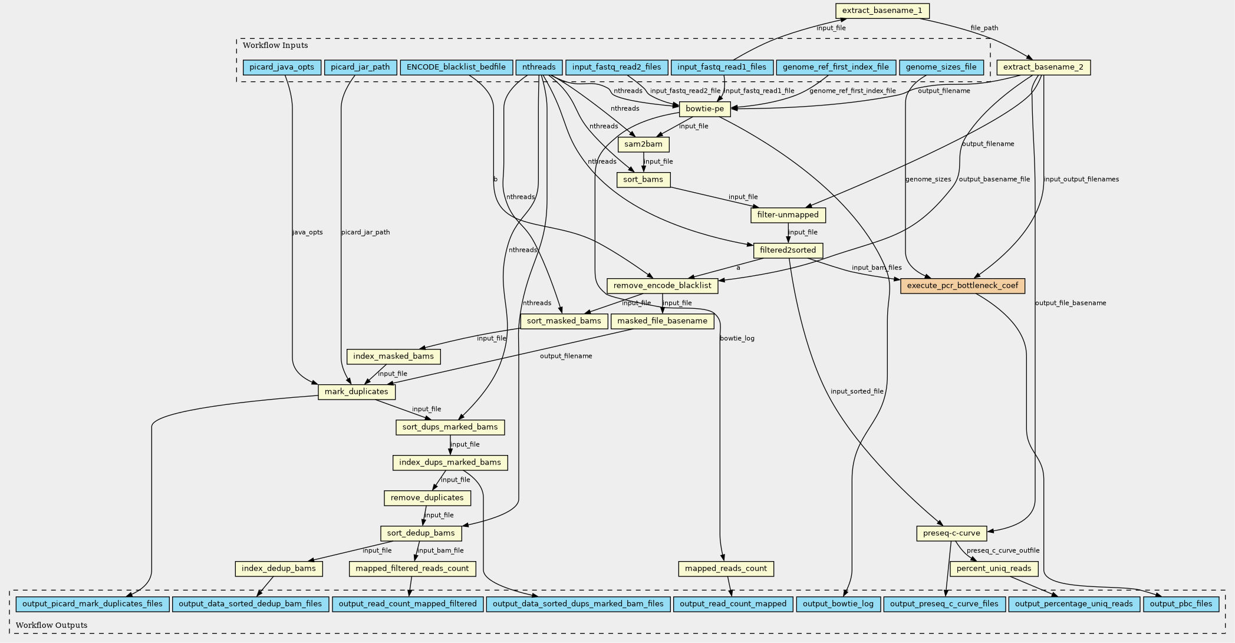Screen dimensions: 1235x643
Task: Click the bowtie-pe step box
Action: (x=705, y=109)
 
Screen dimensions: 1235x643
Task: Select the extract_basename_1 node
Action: (x=882, y=11)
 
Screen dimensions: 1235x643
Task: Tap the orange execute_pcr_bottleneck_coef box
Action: (x=962, y=286)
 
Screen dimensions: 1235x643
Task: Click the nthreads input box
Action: (x=539, y=67)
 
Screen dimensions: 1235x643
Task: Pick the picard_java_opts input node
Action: (x=282, y=67)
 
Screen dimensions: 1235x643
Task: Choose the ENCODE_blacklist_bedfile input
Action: (x=456, y=67)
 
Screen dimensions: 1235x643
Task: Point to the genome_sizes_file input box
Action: (x=941, y=67)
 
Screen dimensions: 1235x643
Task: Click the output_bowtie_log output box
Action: (x=838, y=604)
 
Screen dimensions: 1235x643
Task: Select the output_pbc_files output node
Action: (x=1181, y=604)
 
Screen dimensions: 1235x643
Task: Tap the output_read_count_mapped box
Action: (x=733, y=604)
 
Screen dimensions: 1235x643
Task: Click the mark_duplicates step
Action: (x=357, y=392)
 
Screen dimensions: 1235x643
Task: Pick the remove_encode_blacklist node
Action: (x=663, y=286)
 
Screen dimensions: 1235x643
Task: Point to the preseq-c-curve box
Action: (x=951, y=533)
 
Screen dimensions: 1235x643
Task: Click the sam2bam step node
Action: (x=644, y=144)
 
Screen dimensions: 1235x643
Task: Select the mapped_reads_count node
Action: (x=726, y=569)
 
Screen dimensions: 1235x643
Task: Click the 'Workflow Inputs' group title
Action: (x=275, y=45)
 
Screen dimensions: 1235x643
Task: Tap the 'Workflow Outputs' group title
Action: (x=51, y=625)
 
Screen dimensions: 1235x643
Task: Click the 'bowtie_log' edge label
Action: (x=737, y=338)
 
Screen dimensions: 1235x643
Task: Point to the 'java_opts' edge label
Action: (x=308, y=232)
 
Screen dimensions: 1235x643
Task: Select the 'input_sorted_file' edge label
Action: (x=857, y=391)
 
